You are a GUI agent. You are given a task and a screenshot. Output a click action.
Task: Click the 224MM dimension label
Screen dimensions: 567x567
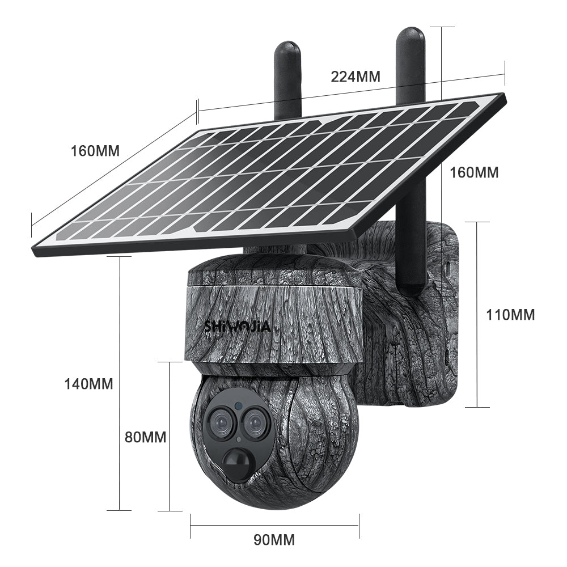click(x=356, y=77)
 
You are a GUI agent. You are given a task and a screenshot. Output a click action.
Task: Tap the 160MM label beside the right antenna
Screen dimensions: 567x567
click(x=473, y=172)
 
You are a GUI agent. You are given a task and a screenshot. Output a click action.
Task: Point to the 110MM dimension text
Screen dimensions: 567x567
click(x=510, y=315)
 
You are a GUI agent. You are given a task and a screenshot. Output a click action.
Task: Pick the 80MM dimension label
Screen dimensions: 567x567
click(x=146, y=437)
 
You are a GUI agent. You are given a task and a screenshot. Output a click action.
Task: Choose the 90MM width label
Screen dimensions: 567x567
click(x=274, y=539)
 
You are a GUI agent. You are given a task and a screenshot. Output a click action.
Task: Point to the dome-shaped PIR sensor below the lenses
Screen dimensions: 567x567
click(x=237, y=460)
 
